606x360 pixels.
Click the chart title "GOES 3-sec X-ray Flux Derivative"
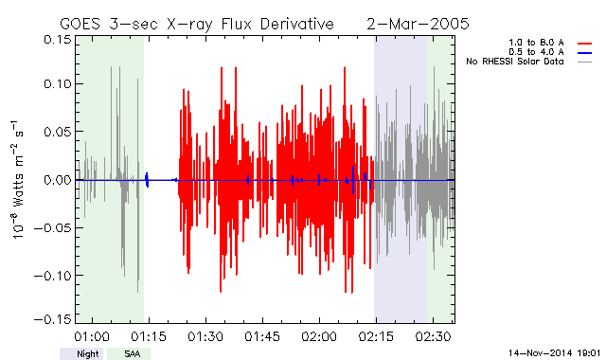point(197,25)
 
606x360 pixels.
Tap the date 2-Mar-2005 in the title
point(418,24)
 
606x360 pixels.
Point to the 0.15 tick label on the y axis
point(58,40)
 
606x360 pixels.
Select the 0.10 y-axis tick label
point(58,83)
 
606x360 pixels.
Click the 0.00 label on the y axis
point(58,180)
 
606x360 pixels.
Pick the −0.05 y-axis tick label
point(53,227)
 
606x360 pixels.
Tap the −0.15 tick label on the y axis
point(53,319)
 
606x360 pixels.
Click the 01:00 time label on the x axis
point(92,336)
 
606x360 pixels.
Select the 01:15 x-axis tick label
point(149,336)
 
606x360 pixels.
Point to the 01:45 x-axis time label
point(262,336)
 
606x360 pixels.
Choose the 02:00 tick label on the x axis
point(319,336)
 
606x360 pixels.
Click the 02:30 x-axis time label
point(434,336)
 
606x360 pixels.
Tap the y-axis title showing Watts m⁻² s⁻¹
point(17,180)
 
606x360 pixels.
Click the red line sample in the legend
point(584,44)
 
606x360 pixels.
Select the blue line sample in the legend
point(584,53)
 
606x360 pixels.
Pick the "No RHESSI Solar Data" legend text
point(515,62)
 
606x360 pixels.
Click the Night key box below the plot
point(81,353)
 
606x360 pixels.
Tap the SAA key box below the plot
point(129,353)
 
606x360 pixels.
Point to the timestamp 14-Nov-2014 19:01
point(554,353)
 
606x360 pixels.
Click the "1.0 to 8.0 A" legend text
point(536,43)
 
